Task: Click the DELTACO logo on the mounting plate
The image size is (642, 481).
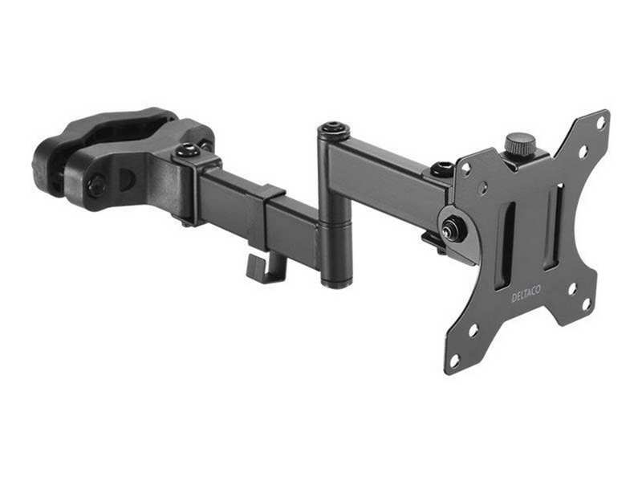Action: (x=526, y=294)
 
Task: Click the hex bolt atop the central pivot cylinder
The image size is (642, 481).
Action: (x=335, y=128)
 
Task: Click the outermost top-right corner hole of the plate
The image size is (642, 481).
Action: (x=600, y=122)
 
